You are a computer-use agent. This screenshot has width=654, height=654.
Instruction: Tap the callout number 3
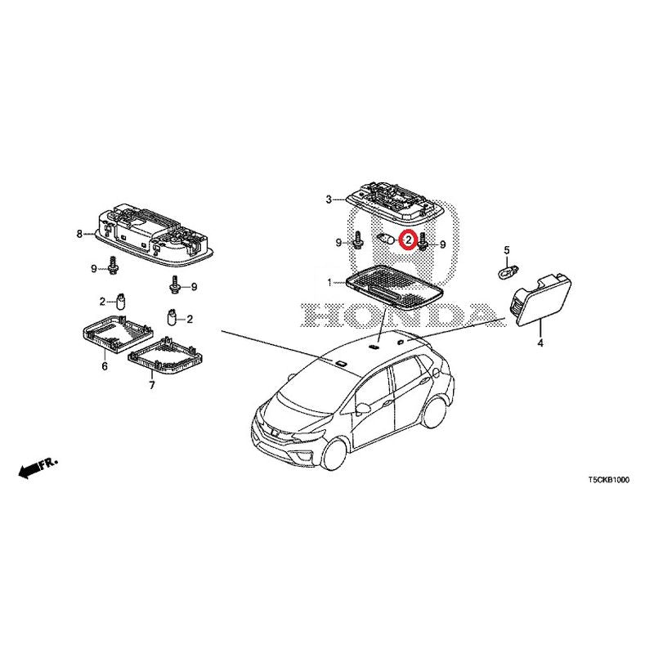tap(329, 199)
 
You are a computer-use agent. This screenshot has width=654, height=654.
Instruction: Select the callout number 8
tap(79, 234)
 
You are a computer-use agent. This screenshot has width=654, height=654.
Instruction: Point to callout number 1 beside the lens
tap(329, 283)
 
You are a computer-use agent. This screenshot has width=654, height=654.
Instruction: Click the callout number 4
tap(540, 343)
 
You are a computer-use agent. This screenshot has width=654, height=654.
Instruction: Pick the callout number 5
tap(507, 250)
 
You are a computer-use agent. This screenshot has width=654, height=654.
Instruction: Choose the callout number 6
tap(105, 366)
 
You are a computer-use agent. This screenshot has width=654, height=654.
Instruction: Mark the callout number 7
tap(152, 385)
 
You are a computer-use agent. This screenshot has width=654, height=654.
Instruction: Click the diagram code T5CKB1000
tap(609, 480)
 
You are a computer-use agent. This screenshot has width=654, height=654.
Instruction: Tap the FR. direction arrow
tap(38, 468)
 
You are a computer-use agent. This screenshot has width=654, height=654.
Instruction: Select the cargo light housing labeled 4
tap(540, 300)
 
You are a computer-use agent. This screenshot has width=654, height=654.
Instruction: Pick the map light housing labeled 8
tap(155, 235)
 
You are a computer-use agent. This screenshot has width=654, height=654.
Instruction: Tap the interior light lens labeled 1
tap(394, 288)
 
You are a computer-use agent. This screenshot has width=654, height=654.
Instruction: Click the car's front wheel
tap(335, 455)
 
